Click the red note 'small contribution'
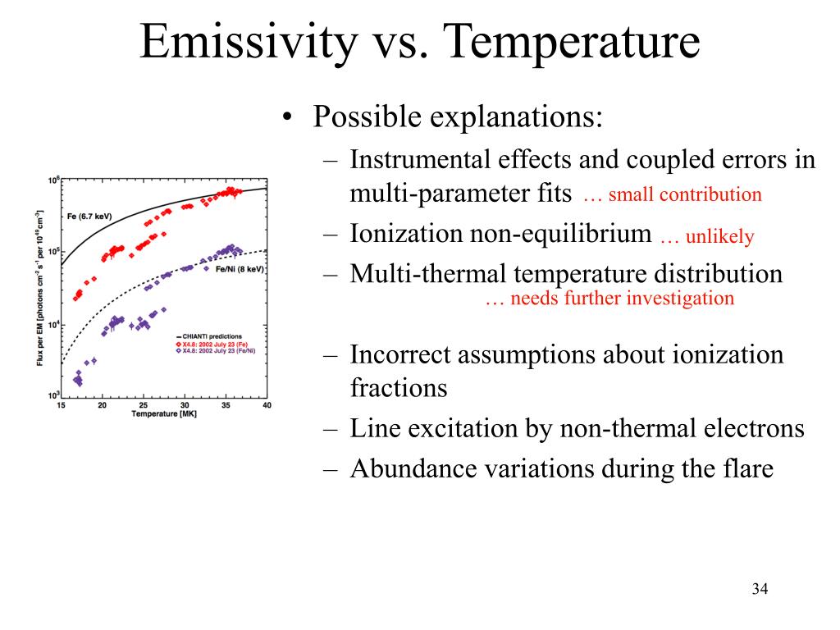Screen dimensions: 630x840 click(x=685, y=195)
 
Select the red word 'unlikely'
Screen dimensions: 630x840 click(x=719, y=237)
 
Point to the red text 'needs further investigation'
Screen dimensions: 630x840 click(x=622, y=299)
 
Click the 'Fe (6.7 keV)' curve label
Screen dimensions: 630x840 click(x=89, y=217)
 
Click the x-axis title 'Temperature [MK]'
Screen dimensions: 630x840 click(x=163, y=413)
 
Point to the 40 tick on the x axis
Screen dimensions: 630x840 click(x=266, y=404)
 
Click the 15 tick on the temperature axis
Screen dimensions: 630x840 click(x=61, y=404)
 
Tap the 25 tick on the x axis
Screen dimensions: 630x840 click(x=143, y=404)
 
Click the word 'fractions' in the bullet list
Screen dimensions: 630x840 click(x=398, y=387)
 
